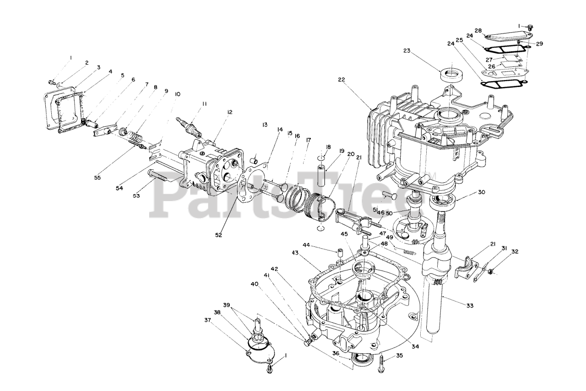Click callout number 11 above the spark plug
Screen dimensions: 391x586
click(205, 104)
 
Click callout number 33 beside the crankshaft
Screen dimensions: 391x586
click(470, 305)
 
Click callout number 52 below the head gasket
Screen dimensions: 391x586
click(218, 235)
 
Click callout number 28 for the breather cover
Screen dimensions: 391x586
click(478, 30)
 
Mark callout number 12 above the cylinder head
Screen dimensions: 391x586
click(230, 112)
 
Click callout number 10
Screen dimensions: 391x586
click(177, 94)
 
